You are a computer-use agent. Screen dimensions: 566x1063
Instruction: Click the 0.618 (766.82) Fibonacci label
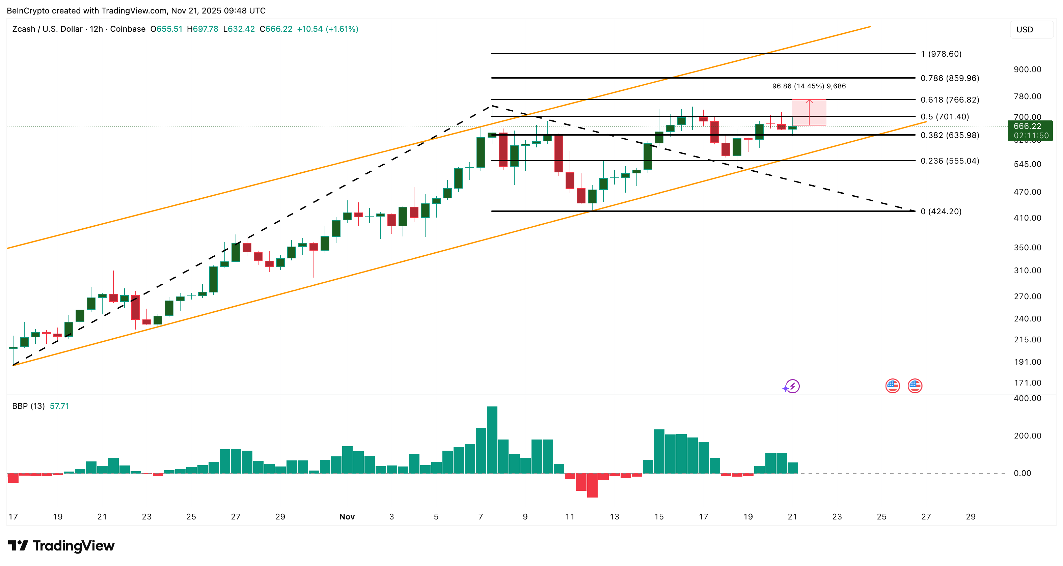tap(950, 100)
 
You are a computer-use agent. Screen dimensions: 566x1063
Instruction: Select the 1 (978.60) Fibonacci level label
tap(941, 54)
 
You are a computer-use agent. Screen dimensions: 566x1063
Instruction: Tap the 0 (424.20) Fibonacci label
tap(941, 211)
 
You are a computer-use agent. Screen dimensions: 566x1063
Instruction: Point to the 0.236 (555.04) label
tap(950, 161)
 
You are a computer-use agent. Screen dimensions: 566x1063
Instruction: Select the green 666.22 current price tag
tap(1030, 126)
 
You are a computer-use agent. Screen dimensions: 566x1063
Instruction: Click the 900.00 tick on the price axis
tap(1027, 69)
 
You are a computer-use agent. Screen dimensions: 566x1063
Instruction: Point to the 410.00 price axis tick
tap(1027, 218)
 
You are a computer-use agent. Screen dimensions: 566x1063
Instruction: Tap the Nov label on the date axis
tap(347, 516)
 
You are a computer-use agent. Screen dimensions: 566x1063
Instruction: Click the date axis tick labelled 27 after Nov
tap(926, 516)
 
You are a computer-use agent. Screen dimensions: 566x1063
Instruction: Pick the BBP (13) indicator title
tap(28, 406)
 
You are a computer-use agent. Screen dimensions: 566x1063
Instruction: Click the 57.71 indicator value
tap(59, 406)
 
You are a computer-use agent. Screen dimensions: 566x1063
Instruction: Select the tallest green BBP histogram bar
tap(492, 440)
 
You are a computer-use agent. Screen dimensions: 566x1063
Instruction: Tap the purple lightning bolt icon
tap(792, 386)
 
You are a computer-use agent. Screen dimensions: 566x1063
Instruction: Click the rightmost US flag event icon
tap(915, 386)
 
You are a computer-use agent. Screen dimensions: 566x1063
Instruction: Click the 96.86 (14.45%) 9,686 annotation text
tap(809, 86)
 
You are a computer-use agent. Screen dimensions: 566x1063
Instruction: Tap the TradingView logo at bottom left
tap(61, 546)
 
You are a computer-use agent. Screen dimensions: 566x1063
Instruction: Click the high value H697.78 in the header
tap(202, 29)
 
